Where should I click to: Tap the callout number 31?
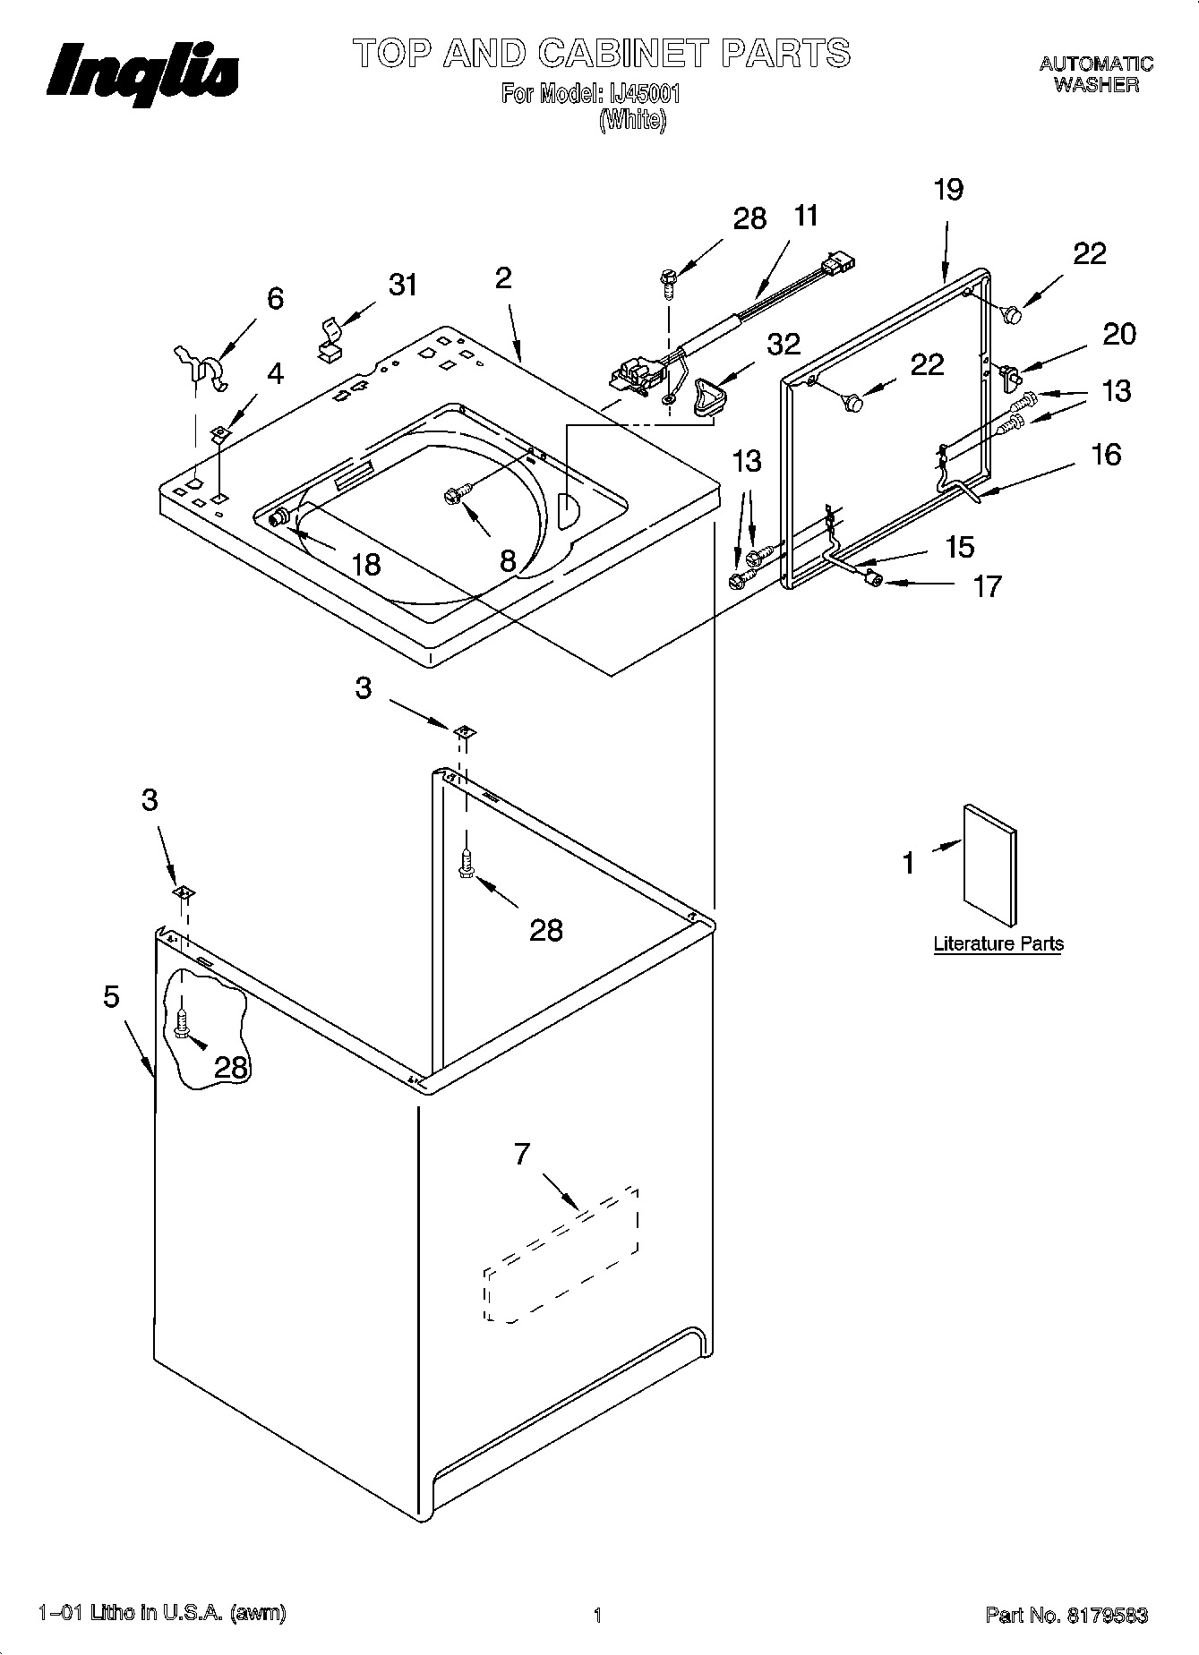point(403,285)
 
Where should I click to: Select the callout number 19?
point(948,190)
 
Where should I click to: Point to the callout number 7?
point(522,1155)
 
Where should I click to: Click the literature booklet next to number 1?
point(989,864)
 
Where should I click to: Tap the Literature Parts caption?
point(998,943)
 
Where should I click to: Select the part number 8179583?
point(1107,1616)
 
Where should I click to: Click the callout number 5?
point(111,996)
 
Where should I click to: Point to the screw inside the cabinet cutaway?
point(183,1023)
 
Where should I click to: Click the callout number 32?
point(783,344)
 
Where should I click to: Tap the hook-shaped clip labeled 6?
point(201,367)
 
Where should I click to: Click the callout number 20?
point(1118,334)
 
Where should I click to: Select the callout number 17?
point(986,586)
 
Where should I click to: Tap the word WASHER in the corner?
point(1095,85)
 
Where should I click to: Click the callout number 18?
point(365,564)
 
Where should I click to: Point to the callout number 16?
point(1106,454)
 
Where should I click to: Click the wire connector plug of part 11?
point(840,261)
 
